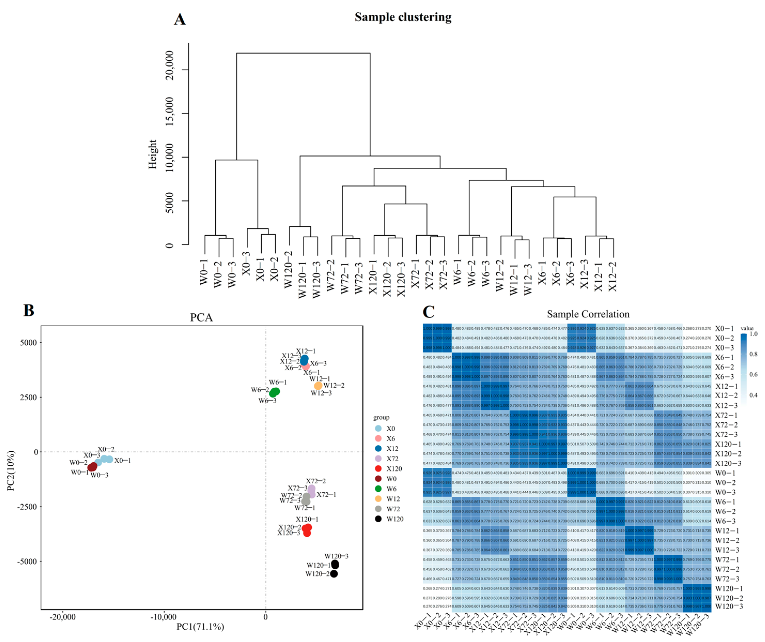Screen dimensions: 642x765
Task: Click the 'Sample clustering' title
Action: (403, 17)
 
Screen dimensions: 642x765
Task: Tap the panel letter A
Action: (179, 19)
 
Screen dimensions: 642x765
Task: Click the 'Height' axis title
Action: (152, 154)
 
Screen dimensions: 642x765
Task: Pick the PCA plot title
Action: (201, 317)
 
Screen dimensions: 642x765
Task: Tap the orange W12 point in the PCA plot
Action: (318, 385)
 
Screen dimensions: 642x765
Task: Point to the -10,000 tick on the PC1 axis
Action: (163, 617)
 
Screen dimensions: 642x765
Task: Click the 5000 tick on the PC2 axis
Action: (28, 343)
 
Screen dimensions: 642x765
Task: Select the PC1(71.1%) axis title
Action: (200, 627)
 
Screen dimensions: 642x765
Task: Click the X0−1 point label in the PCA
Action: (122, 461)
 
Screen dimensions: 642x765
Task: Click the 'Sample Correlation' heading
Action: (588, 314)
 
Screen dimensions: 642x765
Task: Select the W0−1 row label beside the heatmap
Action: (725, 473)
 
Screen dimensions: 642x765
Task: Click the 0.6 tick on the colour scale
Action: (753, 375)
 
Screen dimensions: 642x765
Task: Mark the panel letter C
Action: (428, 312)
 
